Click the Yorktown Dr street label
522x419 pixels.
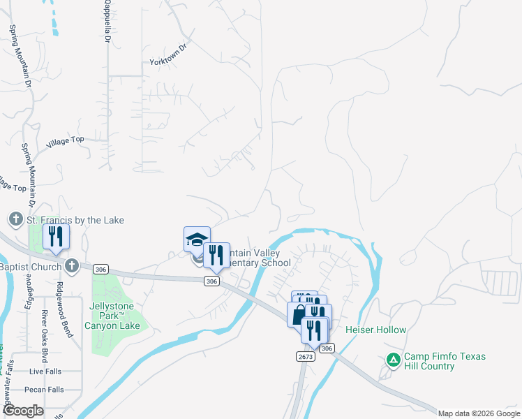(169, 55)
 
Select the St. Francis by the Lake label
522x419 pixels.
(75, 221)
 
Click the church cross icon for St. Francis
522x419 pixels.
(15, 220)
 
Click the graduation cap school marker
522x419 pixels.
(197, 239)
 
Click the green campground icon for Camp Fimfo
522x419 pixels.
(394, 360)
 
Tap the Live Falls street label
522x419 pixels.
(46, 372)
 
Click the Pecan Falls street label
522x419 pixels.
(44, 390)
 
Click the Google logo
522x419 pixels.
(23, 411)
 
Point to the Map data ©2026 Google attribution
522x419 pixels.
(478, 413)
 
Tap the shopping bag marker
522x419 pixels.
(299, 314)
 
